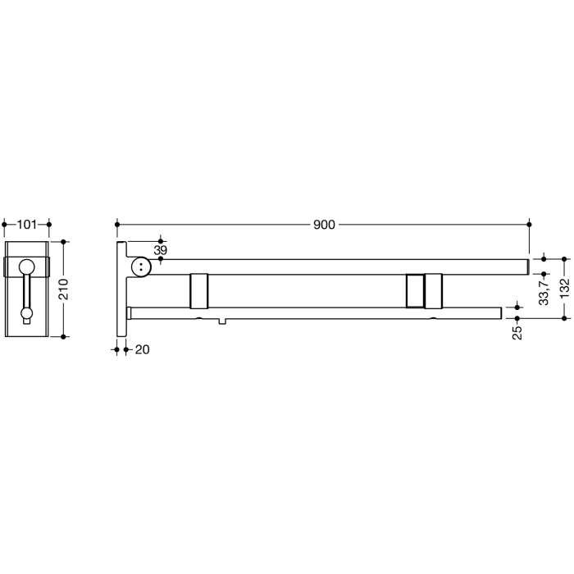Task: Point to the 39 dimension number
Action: [x=160, y=249]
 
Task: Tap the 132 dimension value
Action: [x=565, y=289]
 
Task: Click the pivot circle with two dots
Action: [x=142, y=266]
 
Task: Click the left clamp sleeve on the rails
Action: [x=198, y=289]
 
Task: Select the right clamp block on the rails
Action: [x=426, y=289]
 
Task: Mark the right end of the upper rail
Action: [x=525, y=266]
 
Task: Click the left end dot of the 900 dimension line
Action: [x=117, y=223]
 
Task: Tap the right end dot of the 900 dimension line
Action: [x=530, y=223]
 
